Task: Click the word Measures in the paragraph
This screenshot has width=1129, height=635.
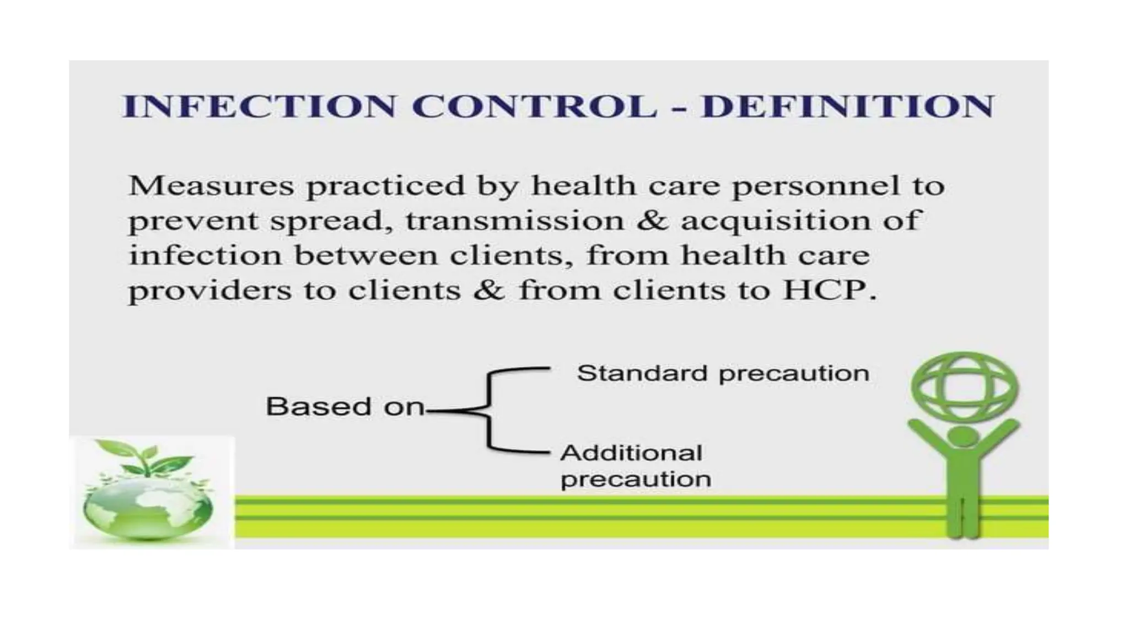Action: tap(211, 186)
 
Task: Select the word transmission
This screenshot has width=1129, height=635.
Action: tap(515, 221)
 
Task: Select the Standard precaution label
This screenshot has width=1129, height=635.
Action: tap(723, 374)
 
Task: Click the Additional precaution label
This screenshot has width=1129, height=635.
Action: tap(636, 466)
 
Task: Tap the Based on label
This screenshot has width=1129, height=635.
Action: tap(345, 407)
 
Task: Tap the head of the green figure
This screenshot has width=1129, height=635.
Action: tap(964, 437)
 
